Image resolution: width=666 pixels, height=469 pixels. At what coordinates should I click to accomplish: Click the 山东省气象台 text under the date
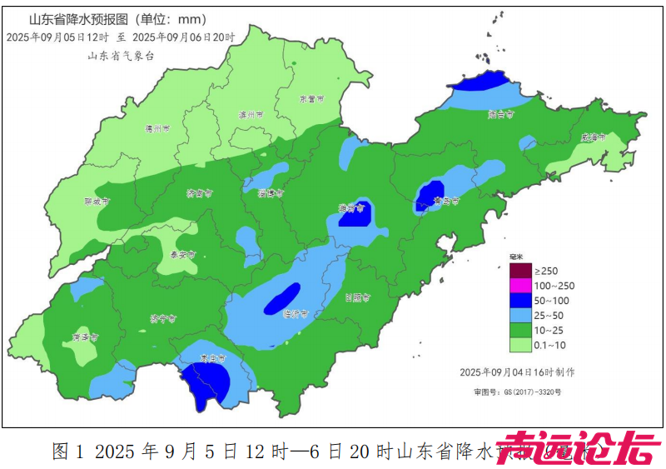tap(121, 55)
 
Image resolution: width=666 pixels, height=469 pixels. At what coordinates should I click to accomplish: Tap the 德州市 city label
tap(157, 129)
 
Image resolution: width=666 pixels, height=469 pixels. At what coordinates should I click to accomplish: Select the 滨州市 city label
tap(251, 115)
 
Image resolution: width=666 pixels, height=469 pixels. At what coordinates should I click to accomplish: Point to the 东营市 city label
tap(311, 98)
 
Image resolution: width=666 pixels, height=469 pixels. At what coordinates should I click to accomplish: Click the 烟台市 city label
tap(500, 114)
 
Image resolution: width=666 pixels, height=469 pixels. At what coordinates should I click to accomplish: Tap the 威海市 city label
tap(594, 137)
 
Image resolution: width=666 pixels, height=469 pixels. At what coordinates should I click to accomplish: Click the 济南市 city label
tap(199, 193)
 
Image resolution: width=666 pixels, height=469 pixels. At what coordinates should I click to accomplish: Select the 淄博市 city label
tap(271, 193)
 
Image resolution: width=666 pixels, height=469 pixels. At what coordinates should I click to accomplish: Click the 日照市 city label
tap(357, 297)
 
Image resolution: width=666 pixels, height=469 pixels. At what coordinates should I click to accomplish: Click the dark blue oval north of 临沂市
tap(282, 298)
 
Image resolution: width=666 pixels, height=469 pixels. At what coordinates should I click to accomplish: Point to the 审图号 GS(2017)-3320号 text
tap(518, 392)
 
